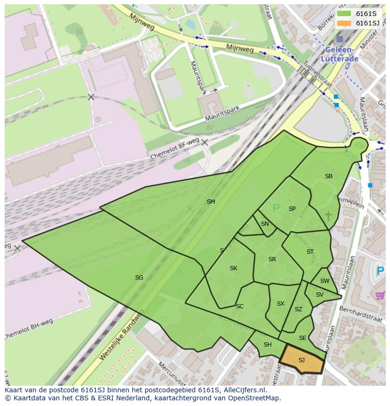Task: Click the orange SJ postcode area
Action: tap(301, 360)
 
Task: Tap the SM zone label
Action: tap(211, 202)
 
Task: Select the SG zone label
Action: tap(139, 278)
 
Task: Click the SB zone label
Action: tap(328, 176)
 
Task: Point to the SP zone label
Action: tap(292, 209)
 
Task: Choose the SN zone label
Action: tap(265, 224)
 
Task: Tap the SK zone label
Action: tap(233, 268)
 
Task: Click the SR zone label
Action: tap(272, 259)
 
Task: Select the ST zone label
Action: tap(310, 252)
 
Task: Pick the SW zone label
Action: tap(325, 281)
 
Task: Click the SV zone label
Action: tap(319, 295)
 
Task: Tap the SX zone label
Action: tap(280, 304)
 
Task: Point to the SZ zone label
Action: tap(298, 309)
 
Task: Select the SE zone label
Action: tap(302, 338)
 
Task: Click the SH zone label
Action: tap(268, 345)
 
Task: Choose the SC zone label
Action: tap(240, 307)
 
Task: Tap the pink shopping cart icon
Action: tap(380, 295)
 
